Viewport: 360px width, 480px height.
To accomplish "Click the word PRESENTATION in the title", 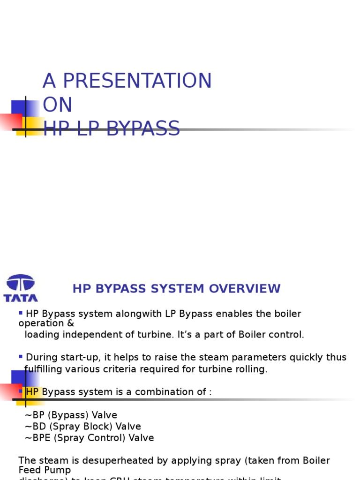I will click(137, 81).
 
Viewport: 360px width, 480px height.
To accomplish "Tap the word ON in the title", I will click(57, 105).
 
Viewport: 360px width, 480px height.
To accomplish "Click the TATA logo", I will click(21, 287).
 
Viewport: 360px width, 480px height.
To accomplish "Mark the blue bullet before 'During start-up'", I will click(21, 357).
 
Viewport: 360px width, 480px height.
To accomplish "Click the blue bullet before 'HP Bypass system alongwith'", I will click(21, 313).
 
